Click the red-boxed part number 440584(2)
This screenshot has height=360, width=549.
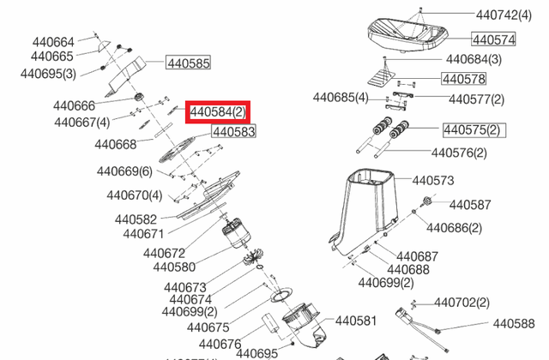(x=218, y=111)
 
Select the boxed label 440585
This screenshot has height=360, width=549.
(x=189, y=63)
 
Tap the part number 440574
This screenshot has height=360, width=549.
(x=493, y=39)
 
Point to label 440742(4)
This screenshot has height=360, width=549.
(x=510, y=15)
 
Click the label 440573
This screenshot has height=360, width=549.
(x=433, y=181)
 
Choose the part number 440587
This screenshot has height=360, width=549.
(x=470, y=205)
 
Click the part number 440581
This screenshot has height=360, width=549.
(x=356, y=321)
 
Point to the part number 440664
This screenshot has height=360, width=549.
(x=53, y=41)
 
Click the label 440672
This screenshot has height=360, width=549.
(x=165, y=253)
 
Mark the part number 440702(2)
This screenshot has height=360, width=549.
(x=462, y=303)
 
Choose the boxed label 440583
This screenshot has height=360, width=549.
(x=233, y=132)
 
